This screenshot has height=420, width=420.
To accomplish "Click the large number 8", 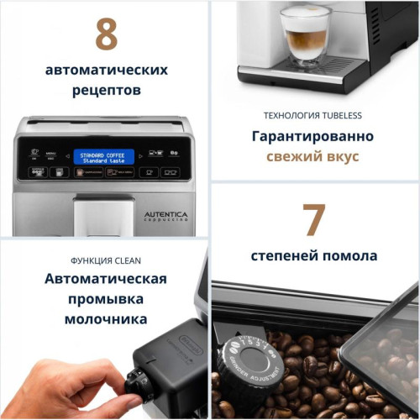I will [x=106, y=34].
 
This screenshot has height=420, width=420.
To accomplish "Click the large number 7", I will [x=314, y=220].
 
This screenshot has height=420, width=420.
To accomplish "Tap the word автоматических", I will [x=106, y=70].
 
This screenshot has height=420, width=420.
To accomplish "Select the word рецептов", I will [x=106, y=90].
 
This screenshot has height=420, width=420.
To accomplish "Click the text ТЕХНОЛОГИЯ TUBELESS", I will [x=313, y=115].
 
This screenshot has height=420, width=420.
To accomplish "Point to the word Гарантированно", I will [x=313, y=136].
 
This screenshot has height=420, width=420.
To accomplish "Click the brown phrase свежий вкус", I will [x=313, y=156].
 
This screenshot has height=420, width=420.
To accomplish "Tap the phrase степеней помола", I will [x=314, y=255].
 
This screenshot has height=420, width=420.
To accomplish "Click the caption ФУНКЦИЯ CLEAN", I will [x=106, y=260].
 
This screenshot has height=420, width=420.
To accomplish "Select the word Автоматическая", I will [x=106, y=279].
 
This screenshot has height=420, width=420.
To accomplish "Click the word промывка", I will [x=106, y=299].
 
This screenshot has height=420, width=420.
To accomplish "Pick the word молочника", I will [x=106, y=319].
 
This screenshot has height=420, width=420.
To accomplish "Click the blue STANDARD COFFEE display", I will [x=104, y=156].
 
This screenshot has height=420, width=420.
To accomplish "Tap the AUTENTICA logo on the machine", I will [x=165, y=216].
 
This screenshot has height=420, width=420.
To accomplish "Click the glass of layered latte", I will [x=306, y=34].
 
